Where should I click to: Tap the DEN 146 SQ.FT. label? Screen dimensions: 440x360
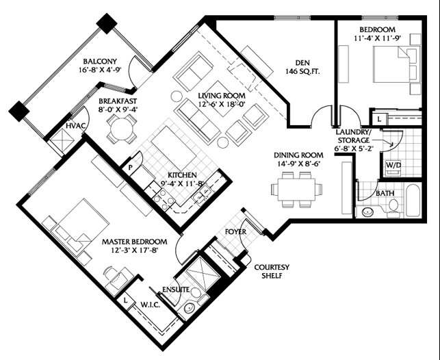(302, 67)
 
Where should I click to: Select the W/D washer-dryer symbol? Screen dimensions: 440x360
(393, 168)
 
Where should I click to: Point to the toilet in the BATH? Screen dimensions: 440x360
(393, 209)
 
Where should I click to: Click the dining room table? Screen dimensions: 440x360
(296, 190)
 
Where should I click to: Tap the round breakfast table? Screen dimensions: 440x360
(122, 129)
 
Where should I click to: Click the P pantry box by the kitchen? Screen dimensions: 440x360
(131, 168)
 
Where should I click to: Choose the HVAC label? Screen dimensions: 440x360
(76, 126)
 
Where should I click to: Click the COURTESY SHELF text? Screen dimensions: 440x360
(272, 271)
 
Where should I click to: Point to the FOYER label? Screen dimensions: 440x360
(235, 232)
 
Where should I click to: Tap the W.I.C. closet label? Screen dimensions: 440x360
(151, 305)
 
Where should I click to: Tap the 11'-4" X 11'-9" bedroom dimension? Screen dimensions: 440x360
(378, 38)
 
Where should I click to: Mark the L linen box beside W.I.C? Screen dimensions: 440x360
(125, 300)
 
